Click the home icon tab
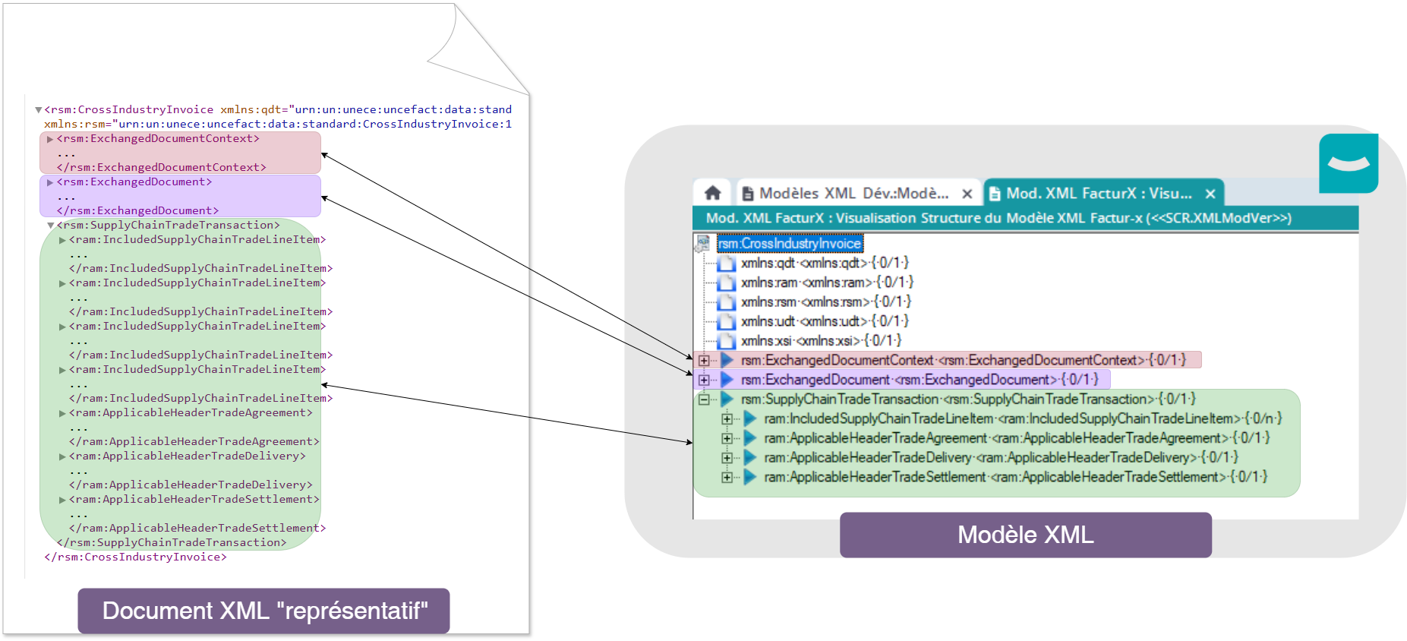click(712, 193)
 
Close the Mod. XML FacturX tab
click(1210, 194)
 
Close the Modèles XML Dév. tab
click(967, 194)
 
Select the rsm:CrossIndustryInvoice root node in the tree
click(790, 244)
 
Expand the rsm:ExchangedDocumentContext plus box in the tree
click(704, 360)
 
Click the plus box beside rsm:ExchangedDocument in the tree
click(704, 380)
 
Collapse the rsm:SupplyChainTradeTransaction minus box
click(704, 399)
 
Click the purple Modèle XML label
click(1025, 535)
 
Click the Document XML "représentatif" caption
click(264, 611)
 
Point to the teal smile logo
click(1349, 163)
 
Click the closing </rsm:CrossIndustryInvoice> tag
click(135, 557)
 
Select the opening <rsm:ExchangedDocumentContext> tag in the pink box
click(158, 139)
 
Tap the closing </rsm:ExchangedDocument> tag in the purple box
click(137, 210)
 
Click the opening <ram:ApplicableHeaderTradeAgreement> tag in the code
click(191, 412)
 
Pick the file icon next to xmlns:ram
click(727, 283)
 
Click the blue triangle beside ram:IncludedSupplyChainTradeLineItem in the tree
click(750, 418)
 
